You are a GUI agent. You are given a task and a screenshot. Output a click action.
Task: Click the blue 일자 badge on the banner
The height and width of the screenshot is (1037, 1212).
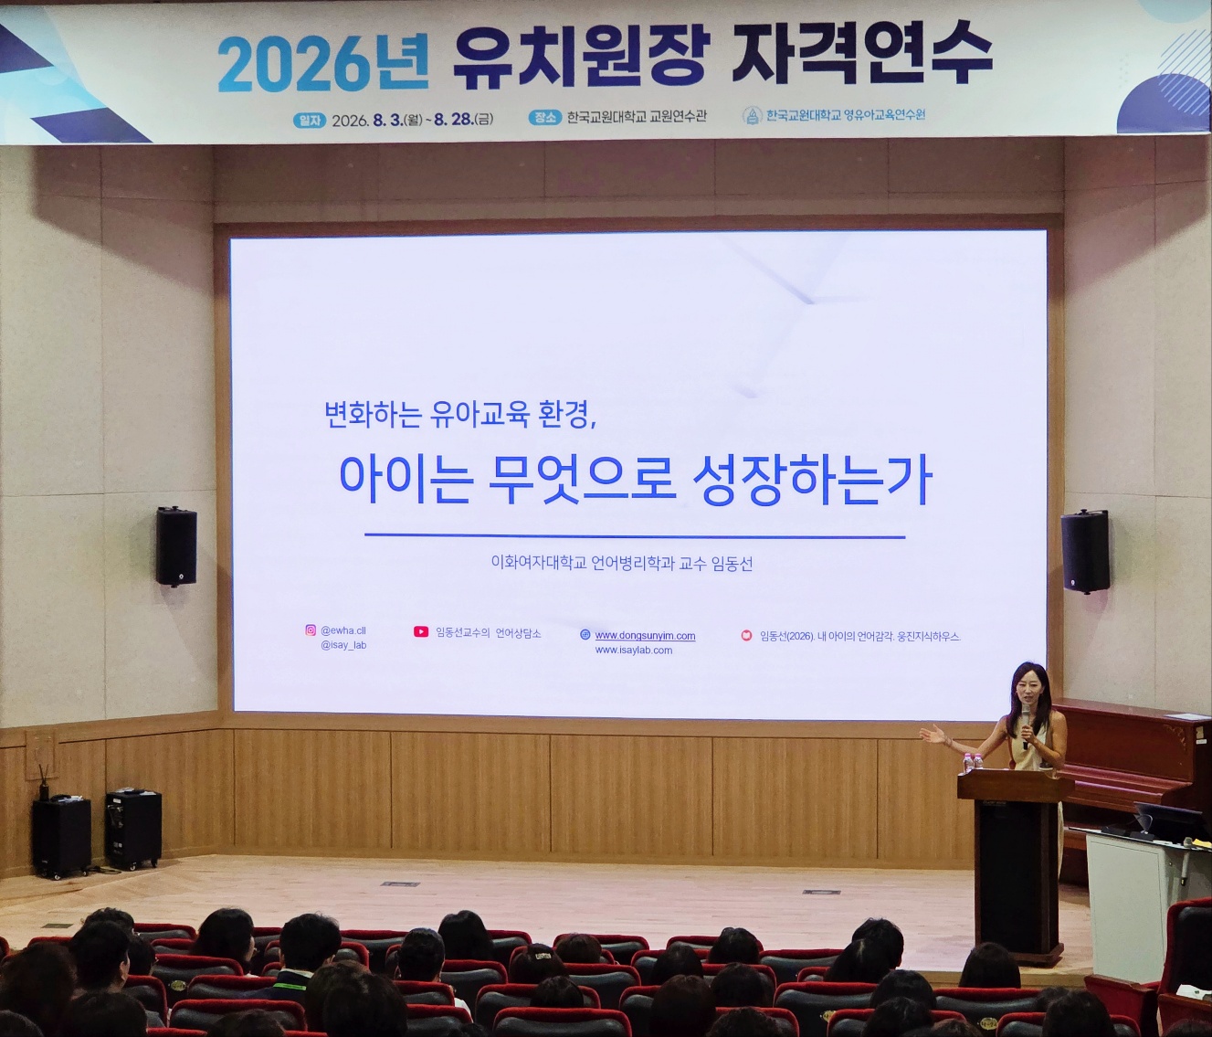[309, 121]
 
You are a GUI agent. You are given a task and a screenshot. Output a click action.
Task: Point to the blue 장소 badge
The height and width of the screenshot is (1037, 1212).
[544, 117]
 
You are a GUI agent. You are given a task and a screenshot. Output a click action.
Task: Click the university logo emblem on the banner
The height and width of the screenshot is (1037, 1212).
[752, 115]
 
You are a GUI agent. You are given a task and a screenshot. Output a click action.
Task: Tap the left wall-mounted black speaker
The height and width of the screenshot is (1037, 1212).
[176, 546]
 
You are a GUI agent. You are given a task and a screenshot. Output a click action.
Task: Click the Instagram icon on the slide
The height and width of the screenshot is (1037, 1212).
[311, 630]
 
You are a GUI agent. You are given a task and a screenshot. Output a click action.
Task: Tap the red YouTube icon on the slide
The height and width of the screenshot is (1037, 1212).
[421, 631]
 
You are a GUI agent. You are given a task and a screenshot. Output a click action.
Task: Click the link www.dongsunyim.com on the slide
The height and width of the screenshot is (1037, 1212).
[645, 636]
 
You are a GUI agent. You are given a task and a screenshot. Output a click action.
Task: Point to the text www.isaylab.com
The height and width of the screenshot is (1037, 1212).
[634, 650]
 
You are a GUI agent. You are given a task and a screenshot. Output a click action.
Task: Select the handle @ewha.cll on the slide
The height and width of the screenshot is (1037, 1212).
[343, 631]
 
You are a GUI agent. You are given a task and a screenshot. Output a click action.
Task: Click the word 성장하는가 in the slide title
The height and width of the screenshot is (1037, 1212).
[812, 482]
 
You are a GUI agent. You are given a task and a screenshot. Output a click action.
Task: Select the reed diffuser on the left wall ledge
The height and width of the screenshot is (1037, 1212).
[42, 780]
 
